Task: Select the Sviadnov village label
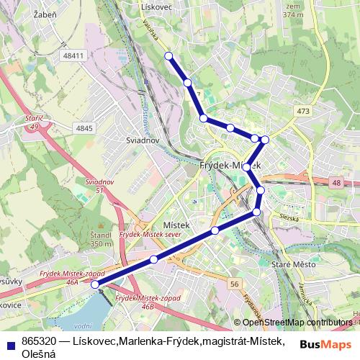(142, 140)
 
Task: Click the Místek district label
(176, 225)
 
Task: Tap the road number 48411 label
(73, 55)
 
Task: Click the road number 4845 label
(84, 128)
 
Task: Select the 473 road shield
(302, 111)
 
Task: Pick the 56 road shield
(235, 284)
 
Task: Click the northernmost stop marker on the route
(168, 55)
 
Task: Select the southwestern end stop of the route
(95, 284)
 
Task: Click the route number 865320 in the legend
(40, 340)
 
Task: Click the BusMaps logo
(325, 344)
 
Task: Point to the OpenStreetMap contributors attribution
(297, 323)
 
